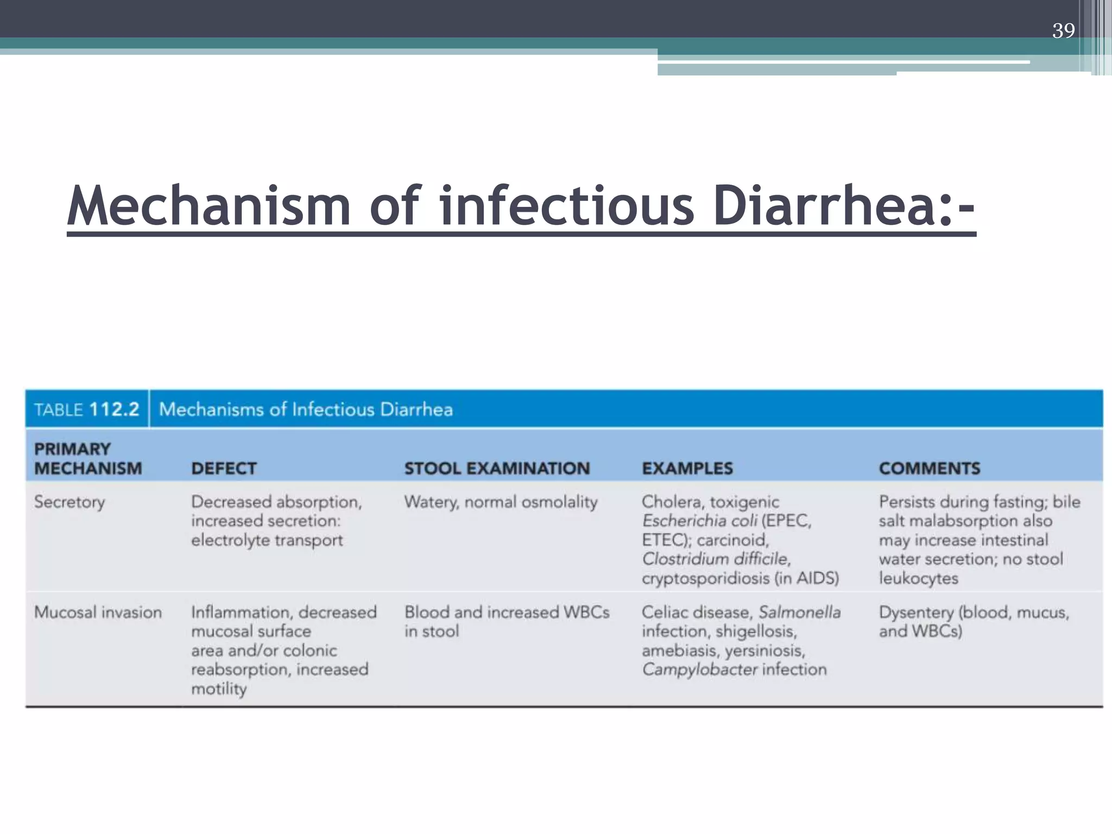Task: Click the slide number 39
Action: coord(1063,30)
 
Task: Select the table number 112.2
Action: coord(114,409)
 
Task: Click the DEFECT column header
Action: coord(224,468)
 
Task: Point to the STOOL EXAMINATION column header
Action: coord(497,468)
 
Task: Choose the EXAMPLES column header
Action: coord(687,468)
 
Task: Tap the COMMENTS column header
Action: coord(930,468)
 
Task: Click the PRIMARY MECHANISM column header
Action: coord(88,459)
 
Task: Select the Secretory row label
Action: coord(69,502)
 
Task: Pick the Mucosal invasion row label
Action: coord(98,612)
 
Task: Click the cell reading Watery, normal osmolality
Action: coord(501,502)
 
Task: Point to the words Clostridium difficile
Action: coord(716,559)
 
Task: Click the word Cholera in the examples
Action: coord(671,502)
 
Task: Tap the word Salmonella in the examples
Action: coord(799,612)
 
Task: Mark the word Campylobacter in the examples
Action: coord(699,669)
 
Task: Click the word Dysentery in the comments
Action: coord(916,612)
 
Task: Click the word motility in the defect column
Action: coord(219,689)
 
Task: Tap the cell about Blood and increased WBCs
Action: coord(507,621)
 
